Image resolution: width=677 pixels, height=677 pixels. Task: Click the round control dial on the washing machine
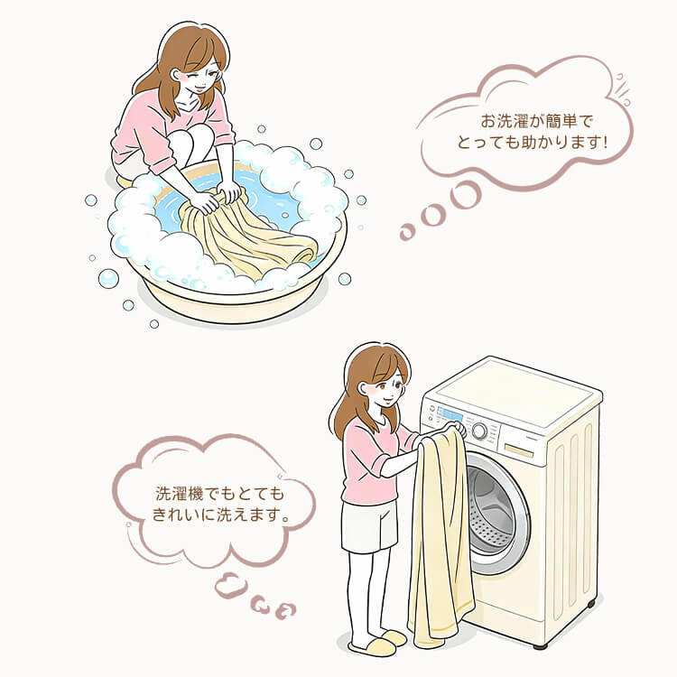479,431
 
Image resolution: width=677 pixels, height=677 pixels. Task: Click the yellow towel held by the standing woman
441,533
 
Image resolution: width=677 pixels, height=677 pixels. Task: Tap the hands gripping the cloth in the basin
217,197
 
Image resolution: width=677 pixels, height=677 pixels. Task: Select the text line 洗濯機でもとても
219,495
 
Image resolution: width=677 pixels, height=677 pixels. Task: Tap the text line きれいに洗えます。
219,517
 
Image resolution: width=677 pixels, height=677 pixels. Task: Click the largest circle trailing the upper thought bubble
467,192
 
